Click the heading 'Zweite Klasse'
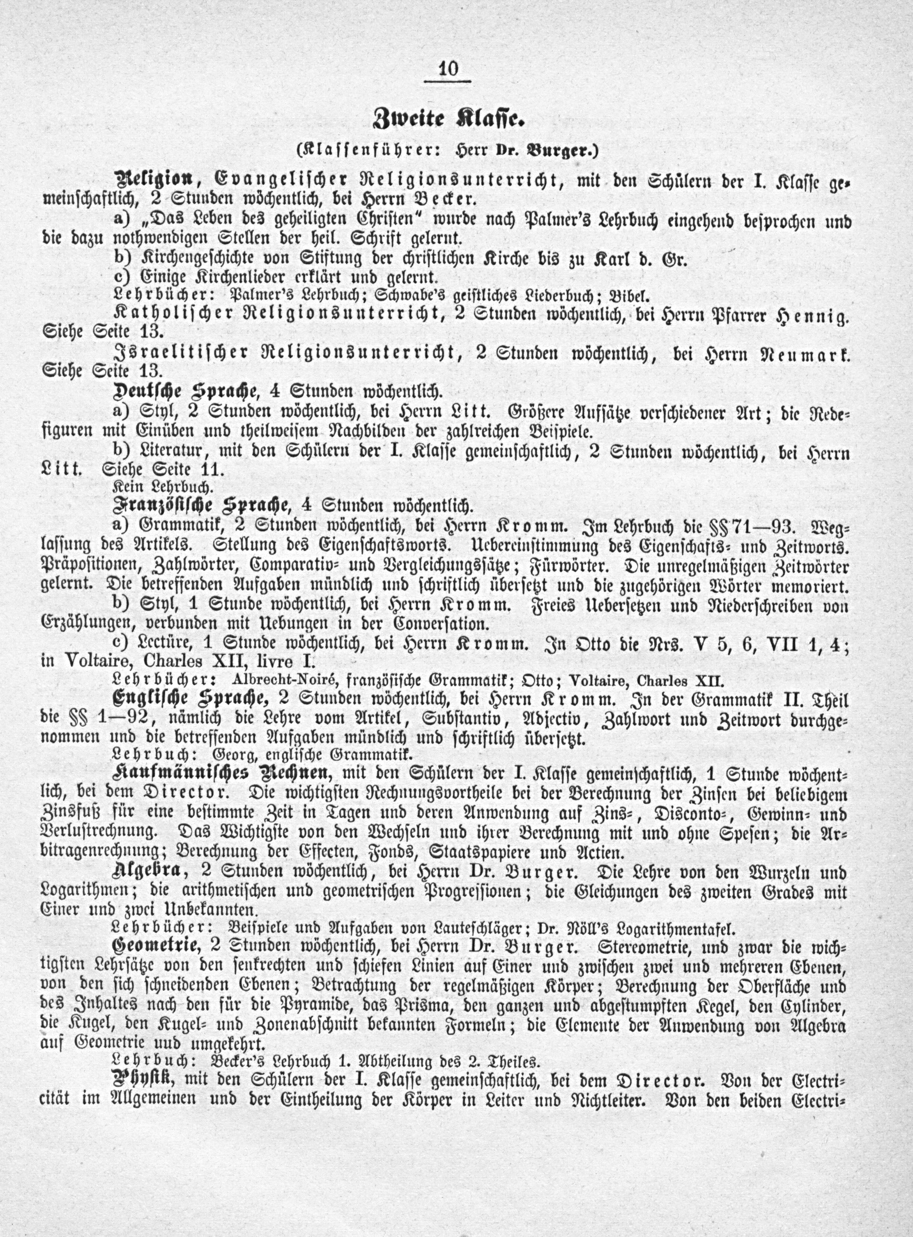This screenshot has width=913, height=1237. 448,119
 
